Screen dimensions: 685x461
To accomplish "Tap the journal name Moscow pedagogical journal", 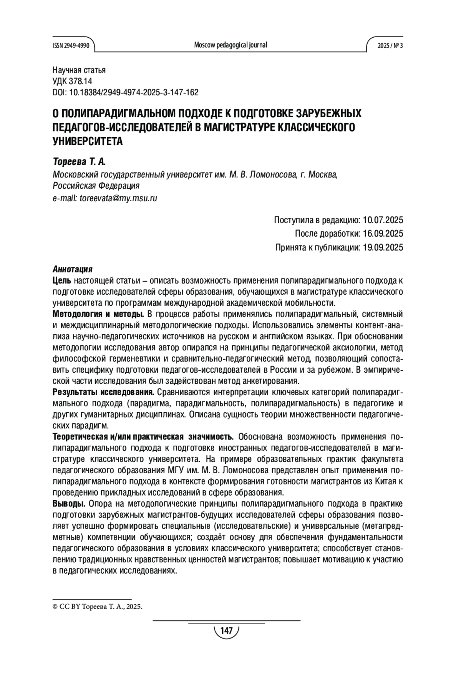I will (230, 45).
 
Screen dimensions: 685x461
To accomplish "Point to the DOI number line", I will (125, 92).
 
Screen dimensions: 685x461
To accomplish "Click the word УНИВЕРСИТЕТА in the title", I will (88, 141).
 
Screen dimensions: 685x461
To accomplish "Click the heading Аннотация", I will (72, 269).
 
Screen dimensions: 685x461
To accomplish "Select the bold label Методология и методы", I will (98, 314).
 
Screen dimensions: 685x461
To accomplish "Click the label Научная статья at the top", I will (79, 70).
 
